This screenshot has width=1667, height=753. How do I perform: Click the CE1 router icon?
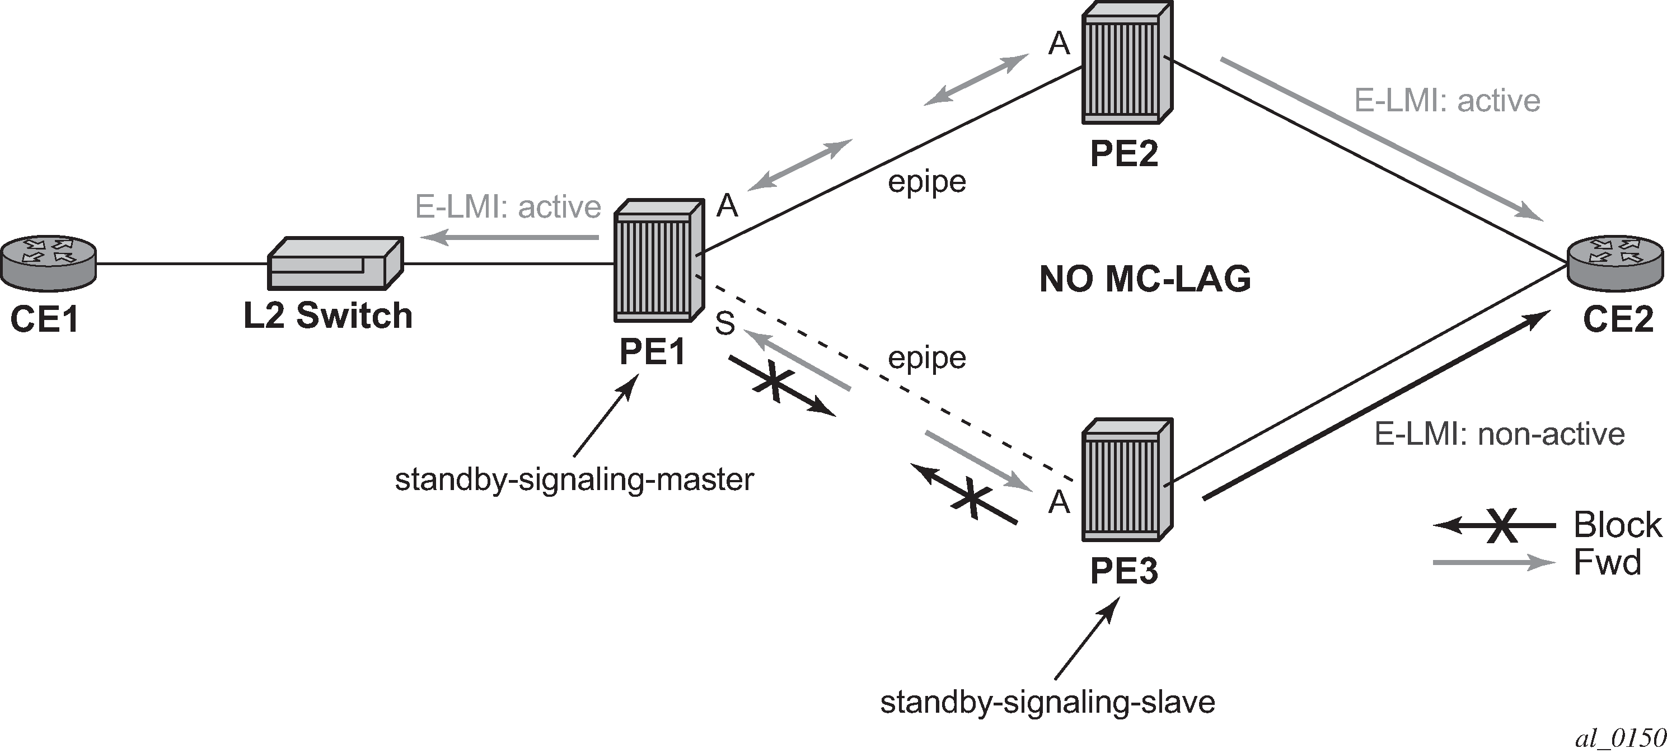[x=48, y=262]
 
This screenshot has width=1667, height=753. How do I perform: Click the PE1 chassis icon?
[x=658, y=260]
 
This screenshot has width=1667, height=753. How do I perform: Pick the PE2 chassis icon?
[x=1127, y=62]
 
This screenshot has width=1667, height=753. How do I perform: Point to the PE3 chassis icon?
[x=1127, y=479]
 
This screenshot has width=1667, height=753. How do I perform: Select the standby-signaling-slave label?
[x=1048, y=703]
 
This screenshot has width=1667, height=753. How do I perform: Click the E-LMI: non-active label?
[x=1500, y=434]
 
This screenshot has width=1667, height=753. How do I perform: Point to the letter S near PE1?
[x=725, y=323]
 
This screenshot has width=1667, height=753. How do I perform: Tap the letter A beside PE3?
[x=1059, y=501]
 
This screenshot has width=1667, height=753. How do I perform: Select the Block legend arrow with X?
[x=1495, y=525]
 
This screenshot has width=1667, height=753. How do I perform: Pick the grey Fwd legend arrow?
[x=1495, y=562]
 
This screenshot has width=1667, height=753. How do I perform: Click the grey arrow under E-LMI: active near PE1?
[x=509, y=239]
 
